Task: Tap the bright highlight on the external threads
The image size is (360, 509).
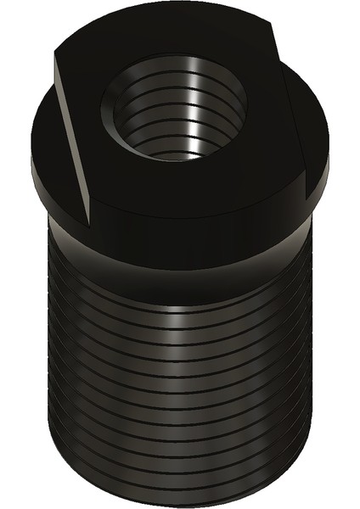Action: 178,339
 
